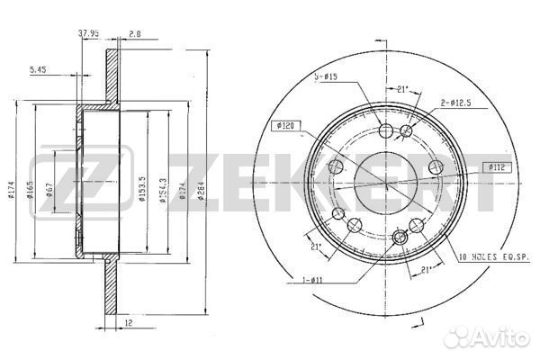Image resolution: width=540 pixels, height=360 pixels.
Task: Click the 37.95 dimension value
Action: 88,35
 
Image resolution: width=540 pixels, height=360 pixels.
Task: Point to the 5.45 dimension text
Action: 38,69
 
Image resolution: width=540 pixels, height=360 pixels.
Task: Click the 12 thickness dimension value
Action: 130,320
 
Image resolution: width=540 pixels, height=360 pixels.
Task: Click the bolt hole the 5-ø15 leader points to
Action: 387,131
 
